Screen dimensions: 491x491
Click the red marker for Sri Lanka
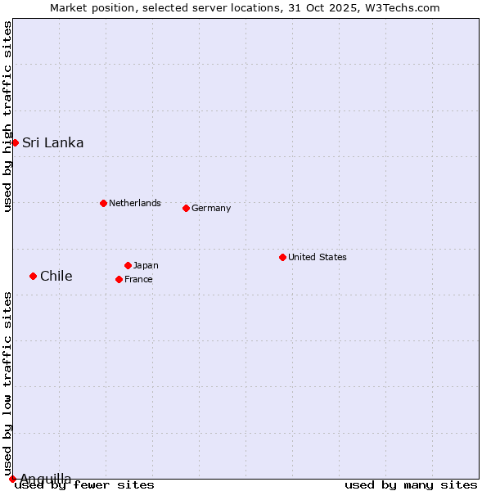15,142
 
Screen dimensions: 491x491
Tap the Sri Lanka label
52,143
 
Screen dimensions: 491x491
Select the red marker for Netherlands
103,203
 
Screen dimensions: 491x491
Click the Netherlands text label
135,203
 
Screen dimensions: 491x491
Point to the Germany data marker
186,208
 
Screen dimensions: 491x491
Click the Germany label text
211,208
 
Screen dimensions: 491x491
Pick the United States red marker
282,257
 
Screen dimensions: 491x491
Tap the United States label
318,257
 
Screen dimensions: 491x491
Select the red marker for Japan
128,265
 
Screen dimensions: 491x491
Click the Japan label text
146,265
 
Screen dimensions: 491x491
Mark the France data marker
119,279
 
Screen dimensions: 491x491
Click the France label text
138,279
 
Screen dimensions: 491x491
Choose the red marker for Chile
33,276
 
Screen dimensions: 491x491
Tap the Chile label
56,276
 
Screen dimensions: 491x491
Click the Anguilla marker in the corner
12,479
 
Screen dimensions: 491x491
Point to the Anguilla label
46,478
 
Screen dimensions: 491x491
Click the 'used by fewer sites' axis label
84,485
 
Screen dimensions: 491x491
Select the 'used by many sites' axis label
411,485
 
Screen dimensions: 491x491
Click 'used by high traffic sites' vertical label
7,117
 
